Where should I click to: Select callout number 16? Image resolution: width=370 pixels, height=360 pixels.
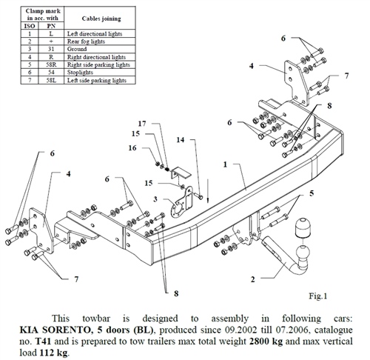[134, 148]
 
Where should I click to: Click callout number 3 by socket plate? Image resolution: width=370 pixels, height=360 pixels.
[155, 199]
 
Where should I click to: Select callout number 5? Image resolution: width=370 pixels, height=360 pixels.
[312, 194]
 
